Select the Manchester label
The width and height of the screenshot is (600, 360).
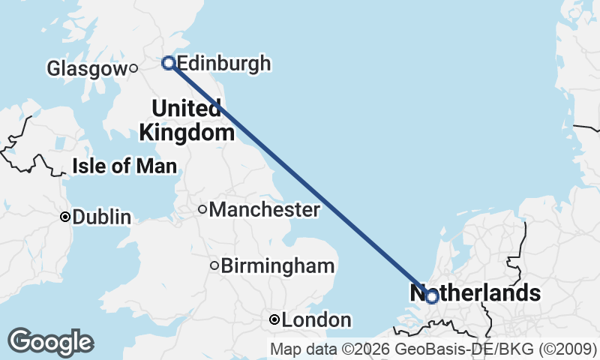[x=264, y=210]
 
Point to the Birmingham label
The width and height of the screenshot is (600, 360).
[x=277, y=265]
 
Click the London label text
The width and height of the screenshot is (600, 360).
[x=316, y=321]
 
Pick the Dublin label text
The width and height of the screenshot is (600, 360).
[x=102, y=217]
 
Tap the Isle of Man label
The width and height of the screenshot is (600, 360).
[x=124, y=166]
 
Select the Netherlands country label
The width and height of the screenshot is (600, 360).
[x=475, y=292]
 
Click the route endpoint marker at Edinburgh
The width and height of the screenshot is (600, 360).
[x=169, y=63]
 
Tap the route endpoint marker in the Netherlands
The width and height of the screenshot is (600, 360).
[x=431, y=297]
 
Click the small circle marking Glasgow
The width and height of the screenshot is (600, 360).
[x=133, y=68]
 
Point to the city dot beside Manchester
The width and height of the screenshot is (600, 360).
[x=202, y=209]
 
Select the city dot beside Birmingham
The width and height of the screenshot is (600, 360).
[x=214, y=265]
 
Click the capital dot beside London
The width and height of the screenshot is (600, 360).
[x=274, y=320]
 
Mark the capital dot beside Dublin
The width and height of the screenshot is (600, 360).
[x=65, y=217]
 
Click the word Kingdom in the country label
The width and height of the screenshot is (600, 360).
[x=187, y=133]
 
